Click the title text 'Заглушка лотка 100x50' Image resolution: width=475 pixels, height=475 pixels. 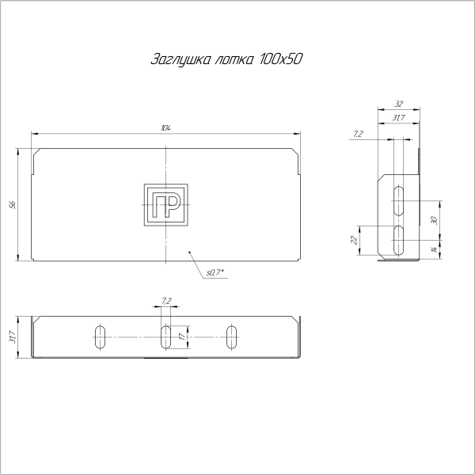pyautogui.click(x=226, y=60)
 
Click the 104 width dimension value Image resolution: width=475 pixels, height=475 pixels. pyautogui.click(x=165, y=127)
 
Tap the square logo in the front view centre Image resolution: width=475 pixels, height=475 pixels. pyautogui.click(x=165, y=204)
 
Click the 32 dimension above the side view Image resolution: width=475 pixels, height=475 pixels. pyautogui.click(x=398, y=104)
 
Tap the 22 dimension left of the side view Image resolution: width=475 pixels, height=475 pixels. pyautogui.click(x=354, y=239)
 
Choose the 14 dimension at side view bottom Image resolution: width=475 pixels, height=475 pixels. pyautogui.click(x=434, y=249)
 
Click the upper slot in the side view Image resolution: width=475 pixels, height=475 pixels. pyautogui.click(x=400, y=200)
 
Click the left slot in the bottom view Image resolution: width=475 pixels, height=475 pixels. pyautogui.click(x=100, y=336)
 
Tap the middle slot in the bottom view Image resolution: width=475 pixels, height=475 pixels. pyautogui.click(x=165, y=336)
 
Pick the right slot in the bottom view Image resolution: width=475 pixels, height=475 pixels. pyautogui.click(x=231, y=336)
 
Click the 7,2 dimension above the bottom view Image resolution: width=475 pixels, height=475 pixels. pyautogui.click(x=165, y=302)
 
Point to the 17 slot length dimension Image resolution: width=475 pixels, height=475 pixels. pyautogui.click(x=182, y=336)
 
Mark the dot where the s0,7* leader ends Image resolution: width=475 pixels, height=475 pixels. pyautogui.click(x=190, y=252)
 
